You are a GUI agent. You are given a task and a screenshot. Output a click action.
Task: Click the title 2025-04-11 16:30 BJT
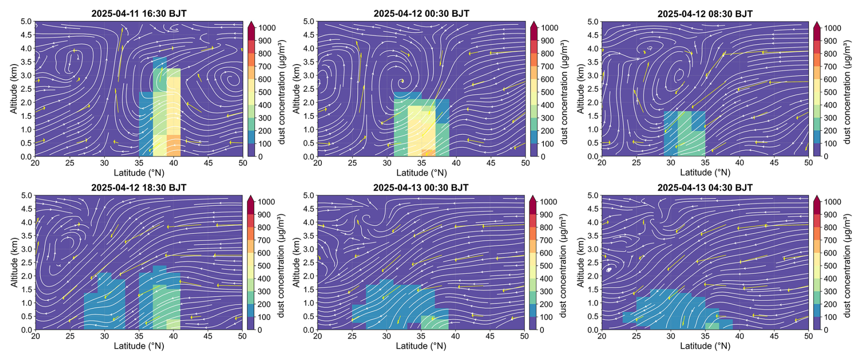[x=139, y=13]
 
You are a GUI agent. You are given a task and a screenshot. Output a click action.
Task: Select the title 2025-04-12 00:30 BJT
[x=421, y=13]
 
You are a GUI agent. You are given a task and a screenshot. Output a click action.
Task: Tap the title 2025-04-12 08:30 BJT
[x=705, y=14]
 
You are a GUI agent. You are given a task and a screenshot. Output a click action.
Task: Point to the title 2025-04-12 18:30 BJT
[x=139, y=188]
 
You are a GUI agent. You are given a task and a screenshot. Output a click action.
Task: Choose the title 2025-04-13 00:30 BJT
[x=421, y=188]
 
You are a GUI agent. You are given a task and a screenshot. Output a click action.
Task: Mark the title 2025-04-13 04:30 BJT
[x=705, y=188]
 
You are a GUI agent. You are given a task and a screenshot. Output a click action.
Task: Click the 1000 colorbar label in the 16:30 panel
[x=267, y=28]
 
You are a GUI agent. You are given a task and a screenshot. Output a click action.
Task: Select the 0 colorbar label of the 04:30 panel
[x=826, y=330]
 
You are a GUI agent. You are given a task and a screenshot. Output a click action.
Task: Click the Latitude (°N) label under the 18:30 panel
[x=139, y=346]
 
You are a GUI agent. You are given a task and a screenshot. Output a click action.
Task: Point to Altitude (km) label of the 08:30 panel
[x=580, y=89]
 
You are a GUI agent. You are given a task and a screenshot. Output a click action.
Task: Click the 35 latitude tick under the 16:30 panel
[x=139, y=163]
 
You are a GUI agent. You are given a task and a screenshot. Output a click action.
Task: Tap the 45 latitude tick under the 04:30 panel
[x=774, y=336]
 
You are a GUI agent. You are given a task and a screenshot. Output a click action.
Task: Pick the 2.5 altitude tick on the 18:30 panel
[x=26, y=263]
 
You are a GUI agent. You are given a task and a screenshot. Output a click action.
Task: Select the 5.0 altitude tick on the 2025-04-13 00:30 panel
[x=309, y=196]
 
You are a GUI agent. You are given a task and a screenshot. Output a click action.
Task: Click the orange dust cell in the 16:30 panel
[x=173, y=145]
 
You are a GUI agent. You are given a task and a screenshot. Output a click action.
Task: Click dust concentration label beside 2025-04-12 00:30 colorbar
[x=564, y=92]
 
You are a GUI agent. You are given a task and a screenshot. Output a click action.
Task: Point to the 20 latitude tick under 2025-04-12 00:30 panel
[x=318, y=163]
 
